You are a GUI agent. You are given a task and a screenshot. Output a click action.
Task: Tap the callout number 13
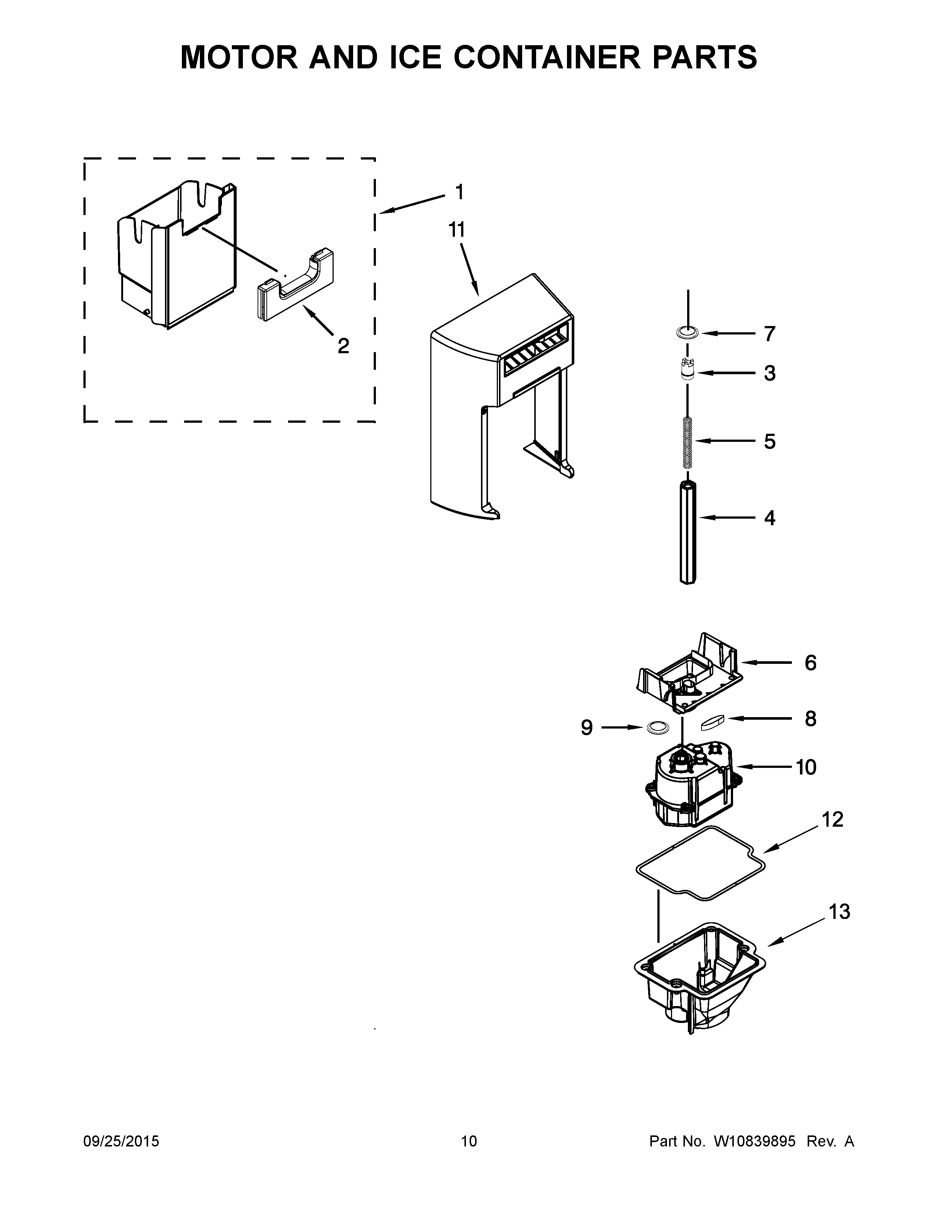coord(839,912)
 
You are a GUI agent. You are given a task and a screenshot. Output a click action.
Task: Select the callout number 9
coord(587,727)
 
